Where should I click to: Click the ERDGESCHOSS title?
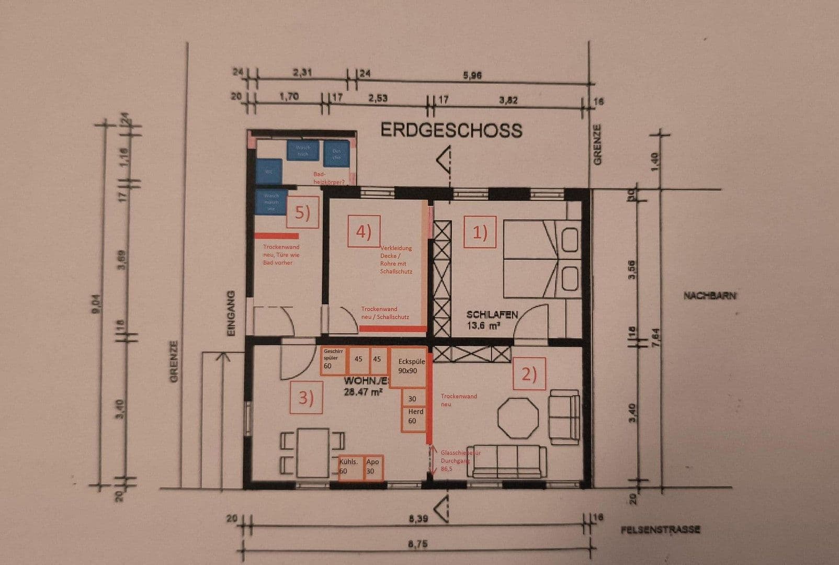click(x=451, y=130)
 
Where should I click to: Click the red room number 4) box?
click(x=364, y=231)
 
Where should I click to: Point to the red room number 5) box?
click(x=302, y=212)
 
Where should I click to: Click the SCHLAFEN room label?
click(x=492, y=315)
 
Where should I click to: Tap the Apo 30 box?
click(x=373, y=467)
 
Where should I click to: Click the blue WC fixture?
click(x=269, y=171)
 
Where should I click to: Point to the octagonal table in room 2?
click(x=518, y=418)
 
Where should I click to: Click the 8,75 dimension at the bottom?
click(x=418, y=544)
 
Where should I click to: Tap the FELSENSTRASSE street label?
click(x=660, y=530)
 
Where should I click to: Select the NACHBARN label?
click(x=710, y=296)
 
